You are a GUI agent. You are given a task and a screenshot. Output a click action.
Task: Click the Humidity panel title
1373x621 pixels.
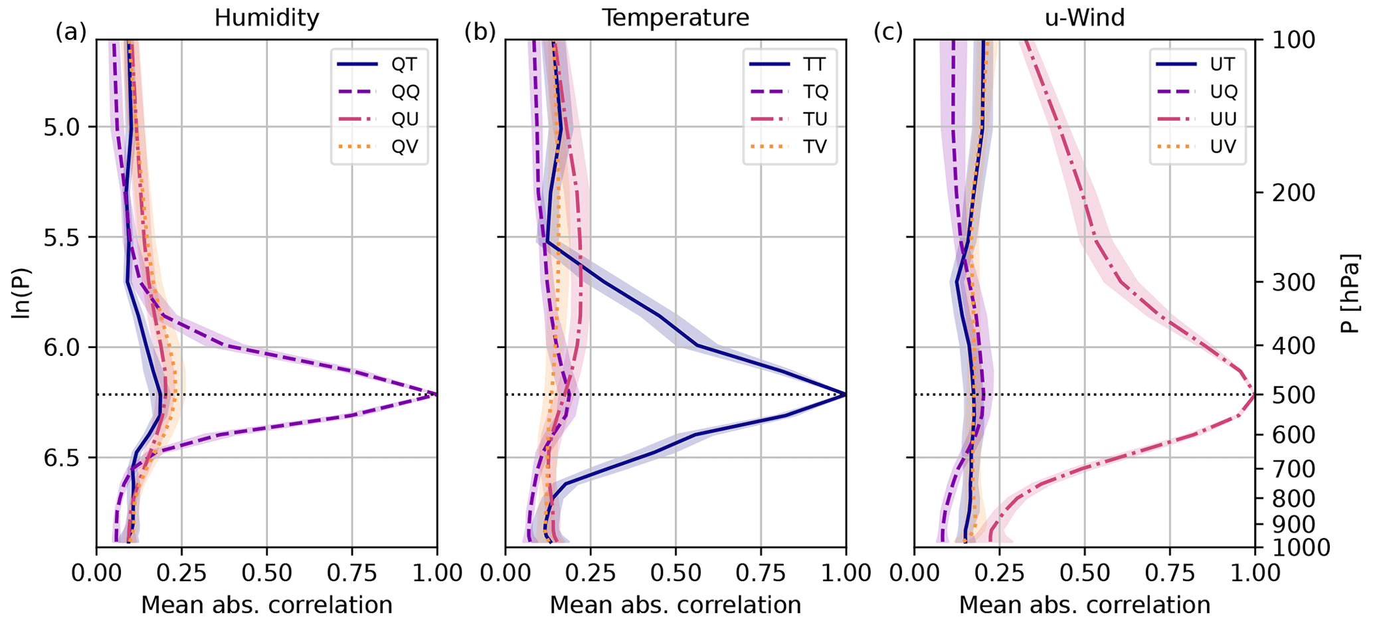pos(266,18)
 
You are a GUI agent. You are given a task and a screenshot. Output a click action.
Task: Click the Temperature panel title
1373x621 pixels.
pos(675,18)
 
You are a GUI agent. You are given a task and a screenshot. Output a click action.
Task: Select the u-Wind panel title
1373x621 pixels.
pos(1085,18)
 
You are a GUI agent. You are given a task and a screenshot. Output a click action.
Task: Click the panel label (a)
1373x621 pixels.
pos(71,32)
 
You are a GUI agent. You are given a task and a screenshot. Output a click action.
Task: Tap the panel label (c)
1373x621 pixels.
pos(888,32)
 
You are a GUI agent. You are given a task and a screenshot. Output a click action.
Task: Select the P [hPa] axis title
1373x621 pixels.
pos(1350,293)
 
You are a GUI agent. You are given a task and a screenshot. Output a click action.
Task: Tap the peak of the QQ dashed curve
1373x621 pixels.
pos(436,395)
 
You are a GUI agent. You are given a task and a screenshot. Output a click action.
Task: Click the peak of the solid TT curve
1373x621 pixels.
pos(845,395)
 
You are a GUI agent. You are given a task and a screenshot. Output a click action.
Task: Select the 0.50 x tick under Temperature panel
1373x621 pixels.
pos(675,573)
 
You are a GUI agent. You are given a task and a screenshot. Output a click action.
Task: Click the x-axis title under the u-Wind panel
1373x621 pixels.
pos(1085,605)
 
